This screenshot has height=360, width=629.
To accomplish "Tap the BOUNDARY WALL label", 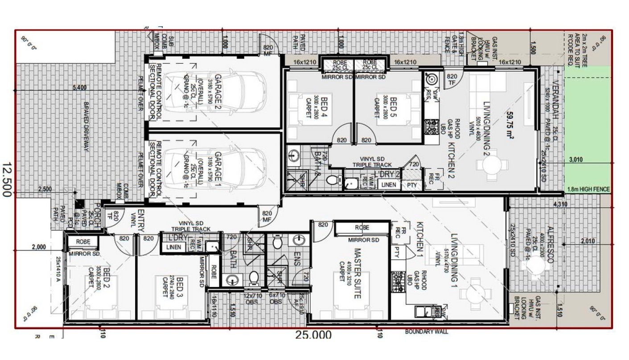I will pos(426,331).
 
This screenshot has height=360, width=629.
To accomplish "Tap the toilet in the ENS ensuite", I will pos(277,243).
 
